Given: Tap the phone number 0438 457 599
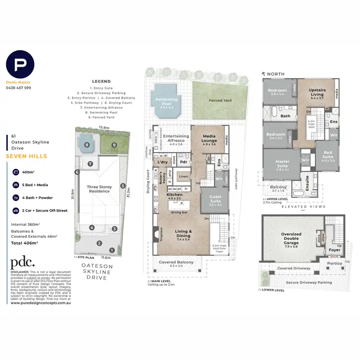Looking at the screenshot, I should (x=19, y=88).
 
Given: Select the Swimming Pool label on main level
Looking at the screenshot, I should (x=166, y=101).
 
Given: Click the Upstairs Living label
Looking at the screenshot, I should (x=317, y=92).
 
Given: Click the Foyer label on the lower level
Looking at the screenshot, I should (x=335, y=250).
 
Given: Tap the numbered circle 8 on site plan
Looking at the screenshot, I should (x=87, y=144).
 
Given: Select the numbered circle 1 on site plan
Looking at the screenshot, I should (x=111, y=250).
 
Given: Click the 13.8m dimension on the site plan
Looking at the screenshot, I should (x=103, y=128).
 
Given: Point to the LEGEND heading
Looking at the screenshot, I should (x=101, y=82).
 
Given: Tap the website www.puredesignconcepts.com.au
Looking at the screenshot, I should (x=41, y=303).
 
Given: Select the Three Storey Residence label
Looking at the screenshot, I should (x=98, y=189).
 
